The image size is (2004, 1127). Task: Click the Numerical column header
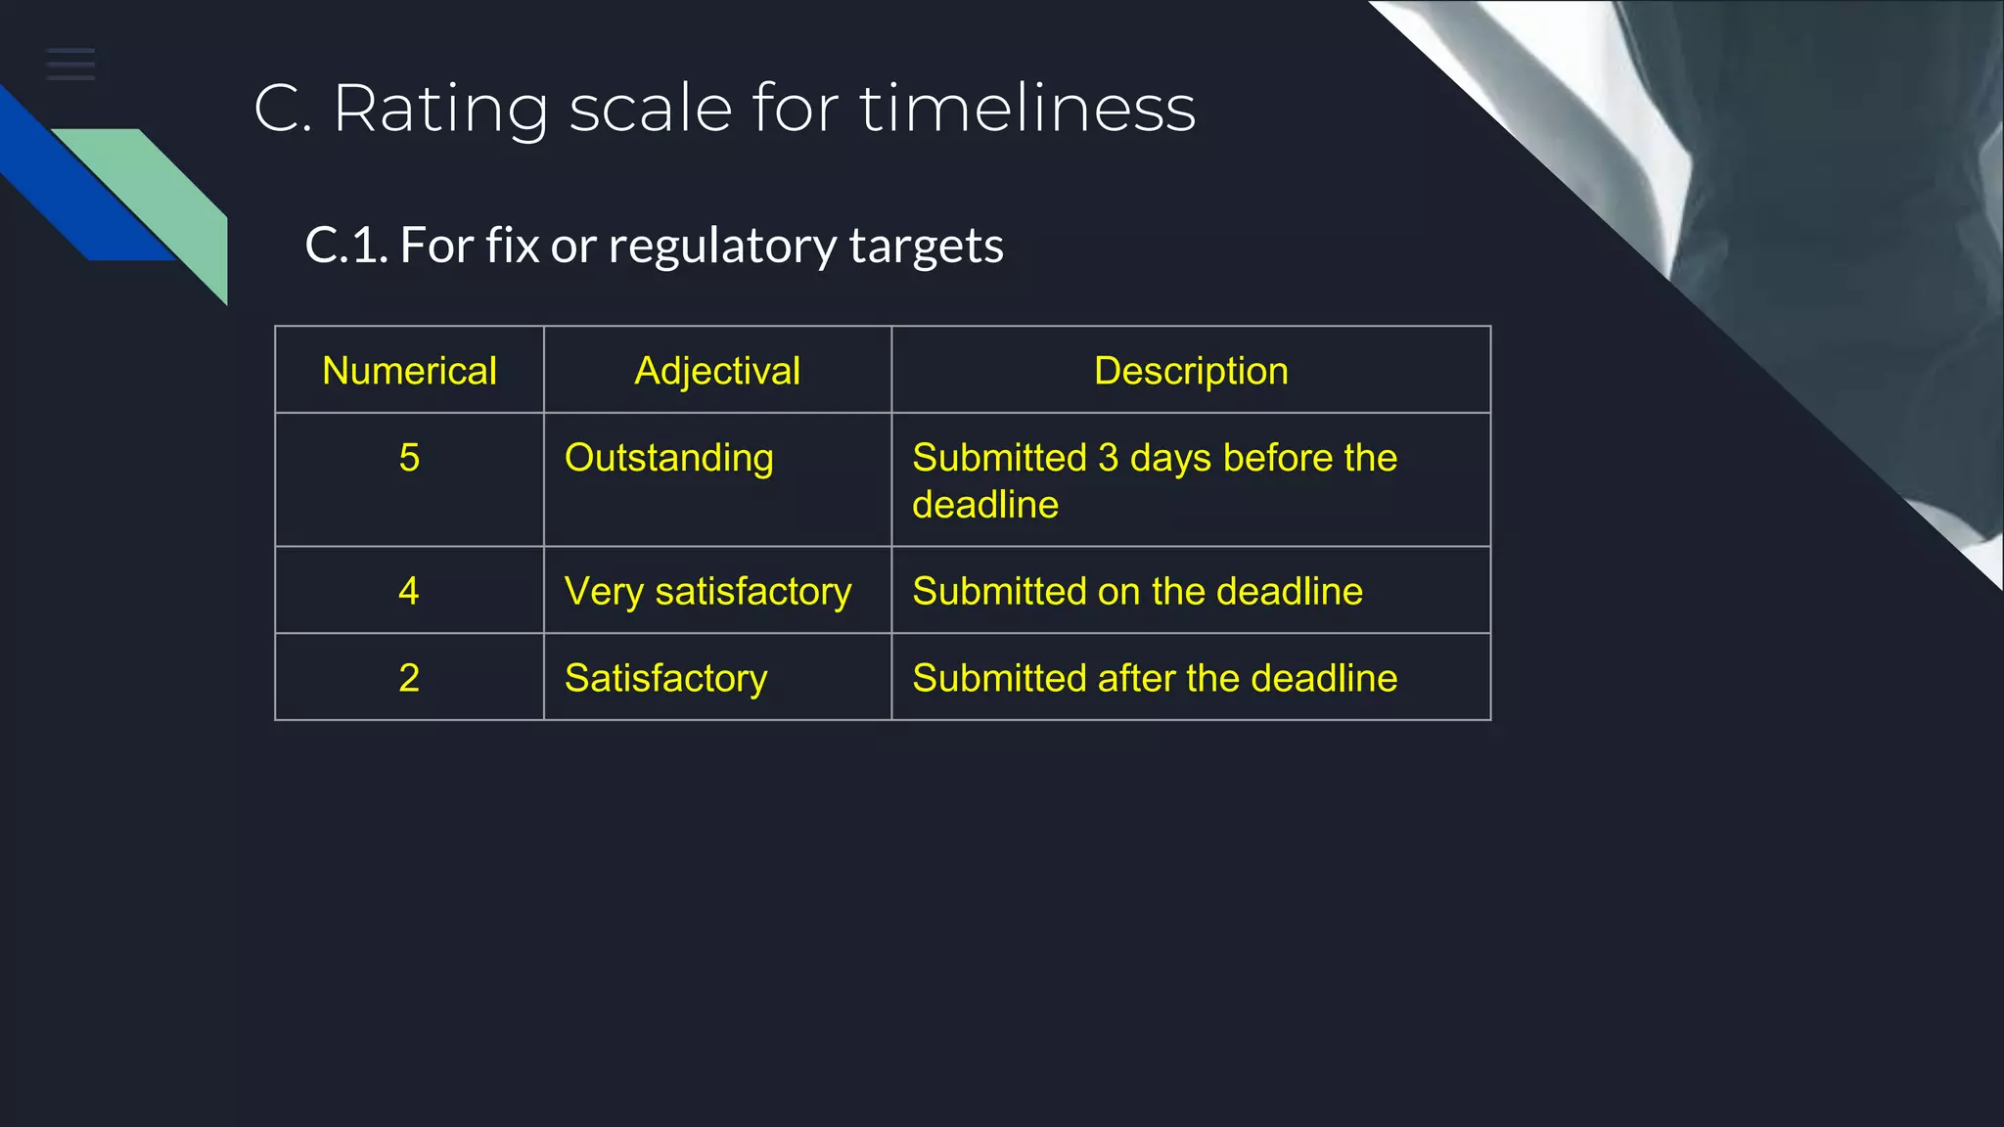point(409,371)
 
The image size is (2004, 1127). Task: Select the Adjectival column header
point(717,371)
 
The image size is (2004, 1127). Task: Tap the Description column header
point(1191,371)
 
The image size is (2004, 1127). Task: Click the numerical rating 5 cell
point(409,458)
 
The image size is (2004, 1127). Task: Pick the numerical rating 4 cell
point(409,591)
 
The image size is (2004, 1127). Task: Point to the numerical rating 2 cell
point(409,678)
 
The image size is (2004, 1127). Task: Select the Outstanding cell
point(669,458)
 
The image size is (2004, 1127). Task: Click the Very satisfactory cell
point(707,592)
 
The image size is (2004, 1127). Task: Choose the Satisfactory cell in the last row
point(665,678)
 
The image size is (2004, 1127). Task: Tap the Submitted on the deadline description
point(1137,591)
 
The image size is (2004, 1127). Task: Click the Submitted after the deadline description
point(1155,678)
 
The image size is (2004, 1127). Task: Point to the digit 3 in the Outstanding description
point(1108,458)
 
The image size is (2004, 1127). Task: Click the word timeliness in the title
point(1027,108)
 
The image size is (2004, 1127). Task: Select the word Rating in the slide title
point(440,108)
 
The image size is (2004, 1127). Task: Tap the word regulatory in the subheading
point(722,246)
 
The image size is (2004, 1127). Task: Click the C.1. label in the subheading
point(346,246)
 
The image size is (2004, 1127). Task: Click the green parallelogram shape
point(166,196)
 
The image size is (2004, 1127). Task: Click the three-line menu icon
point(70,64)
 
